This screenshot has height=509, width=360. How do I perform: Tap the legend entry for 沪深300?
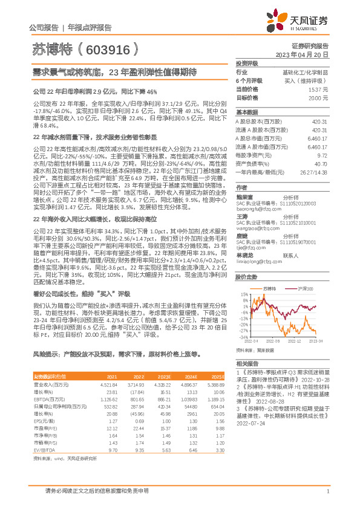tap(305, 290)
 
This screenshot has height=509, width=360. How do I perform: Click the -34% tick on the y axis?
tap(244, 338)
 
